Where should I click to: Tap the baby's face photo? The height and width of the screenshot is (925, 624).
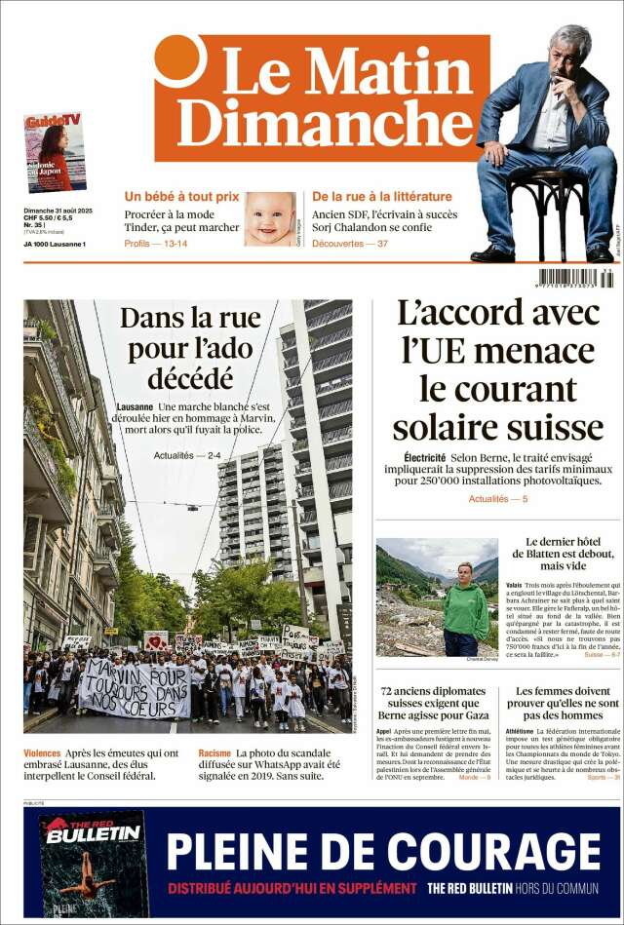[x=269, y=218]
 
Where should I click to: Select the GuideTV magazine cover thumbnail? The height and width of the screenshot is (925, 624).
[x=55, y=153]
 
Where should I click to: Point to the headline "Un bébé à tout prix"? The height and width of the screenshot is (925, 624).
[x=181, y=196]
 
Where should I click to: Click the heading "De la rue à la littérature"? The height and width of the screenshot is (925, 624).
[x=382, y=196]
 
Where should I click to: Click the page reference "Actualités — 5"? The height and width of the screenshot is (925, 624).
[x=498, y=499]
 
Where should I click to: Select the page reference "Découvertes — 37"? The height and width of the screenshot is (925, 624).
[x=350, y=243]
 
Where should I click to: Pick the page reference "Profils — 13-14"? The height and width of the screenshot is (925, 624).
[x=156, y=243]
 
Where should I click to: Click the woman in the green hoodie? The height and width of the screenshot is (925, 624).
[x=465, y=611]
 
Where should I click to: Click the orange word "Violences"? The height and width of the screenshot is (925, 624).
[x=42, y=753]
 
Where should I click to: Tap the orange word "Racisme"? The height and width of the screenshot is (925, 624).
[x=214, y=753]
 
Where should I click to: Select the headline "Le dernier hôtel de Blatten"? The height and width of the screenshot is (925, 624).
[x=569, y=554]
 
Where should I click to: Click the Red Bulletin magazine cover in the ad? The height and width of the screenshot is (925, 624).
[x=93, y=862]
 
